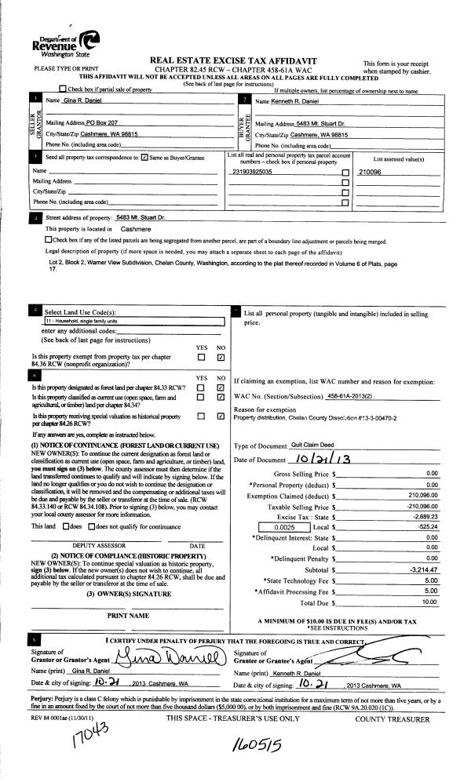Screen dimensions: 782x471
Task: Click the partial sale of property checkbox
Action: [63, 91]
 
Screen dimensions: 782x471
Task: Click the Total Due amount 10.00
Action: [430, 580]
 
